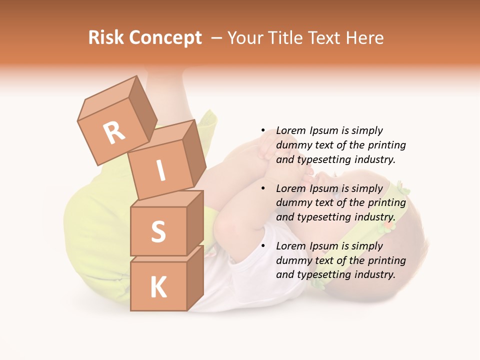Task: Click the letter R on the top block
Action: point(114,132)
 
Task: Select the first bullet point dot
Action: point(263,131)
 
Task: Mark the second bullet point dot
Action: point(263,189)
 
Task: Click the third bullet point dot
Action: point(263,246)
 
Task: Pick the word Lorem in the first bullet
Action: point(291,131)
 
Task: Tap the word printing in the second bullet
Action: point(387,203)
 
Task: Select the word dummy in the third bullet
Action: point(292,260)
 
